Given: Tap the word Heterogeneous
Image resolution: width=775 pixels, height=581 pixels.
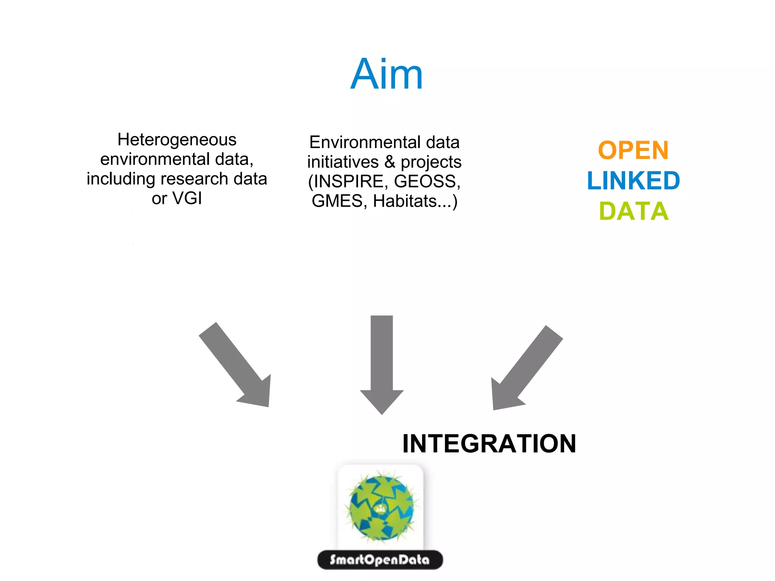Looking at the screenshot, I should tap(177, 140).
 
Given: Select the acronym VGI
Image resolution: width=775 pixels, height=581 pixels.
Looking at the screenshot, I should tap(187, 198).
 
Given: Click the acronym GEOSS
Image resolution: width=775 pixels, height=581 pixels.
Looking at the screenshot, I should tap(426, 181).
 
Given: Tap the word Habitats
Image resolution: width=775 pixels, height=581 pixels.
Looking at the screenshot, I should tap(405, 201).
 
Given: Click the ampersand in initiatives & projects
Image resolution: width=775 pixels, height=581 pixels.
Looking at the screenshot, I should tap(390, 162).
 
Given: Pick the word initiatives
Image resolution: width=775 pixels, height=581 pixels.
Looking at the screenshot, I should tap(342, 162).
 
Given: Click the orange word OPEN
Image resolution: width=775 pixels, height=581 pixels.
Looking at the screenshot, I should tap(633, 150).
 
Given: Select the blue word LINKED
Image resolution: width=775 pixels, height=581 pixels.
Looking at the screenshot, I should tap(633, 181).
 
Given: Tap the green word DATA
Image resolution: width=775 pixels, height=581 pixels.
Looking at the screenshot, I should tap(633, 211).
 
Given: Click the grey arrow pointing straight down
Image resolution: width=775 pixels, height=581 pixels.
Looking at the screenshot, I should tap(381, 363).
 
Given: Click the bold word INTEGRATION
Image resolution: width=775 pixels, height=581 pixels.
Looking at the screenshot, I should tap(489, 444).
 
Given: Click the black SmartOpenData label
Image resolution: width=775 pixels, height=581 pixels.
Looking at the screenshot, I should tap(380, 560).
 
